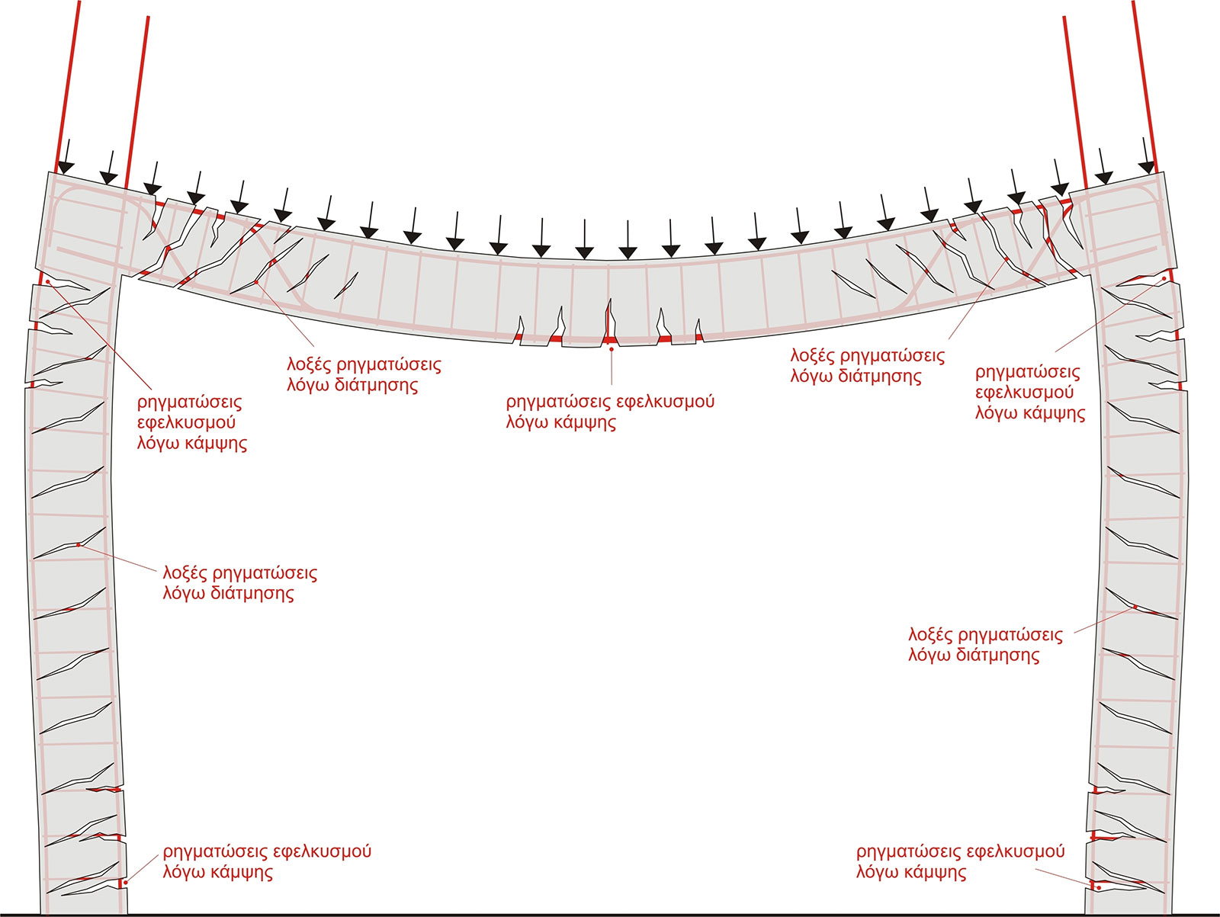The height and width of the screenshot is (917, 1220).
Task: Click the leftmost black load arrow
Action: [x=66, y=156]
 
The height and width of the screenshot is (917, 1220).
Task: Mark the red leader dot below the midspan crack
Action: [x=612, y=349]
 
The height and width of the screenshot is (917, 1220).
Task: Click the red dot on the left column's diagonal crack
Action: [x=79, y=545]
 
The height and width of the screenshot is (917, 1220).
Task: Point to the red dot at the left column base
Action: [x=126, y=882]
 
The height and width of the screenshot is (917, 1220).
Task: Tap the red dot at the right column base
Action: [x=1099, y=888]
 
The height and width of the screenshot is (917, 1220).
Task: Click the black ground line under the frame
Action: [x=610, y=914]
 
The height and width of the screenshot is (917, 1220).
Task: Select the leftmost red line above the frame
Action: [x=68, y=86]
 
